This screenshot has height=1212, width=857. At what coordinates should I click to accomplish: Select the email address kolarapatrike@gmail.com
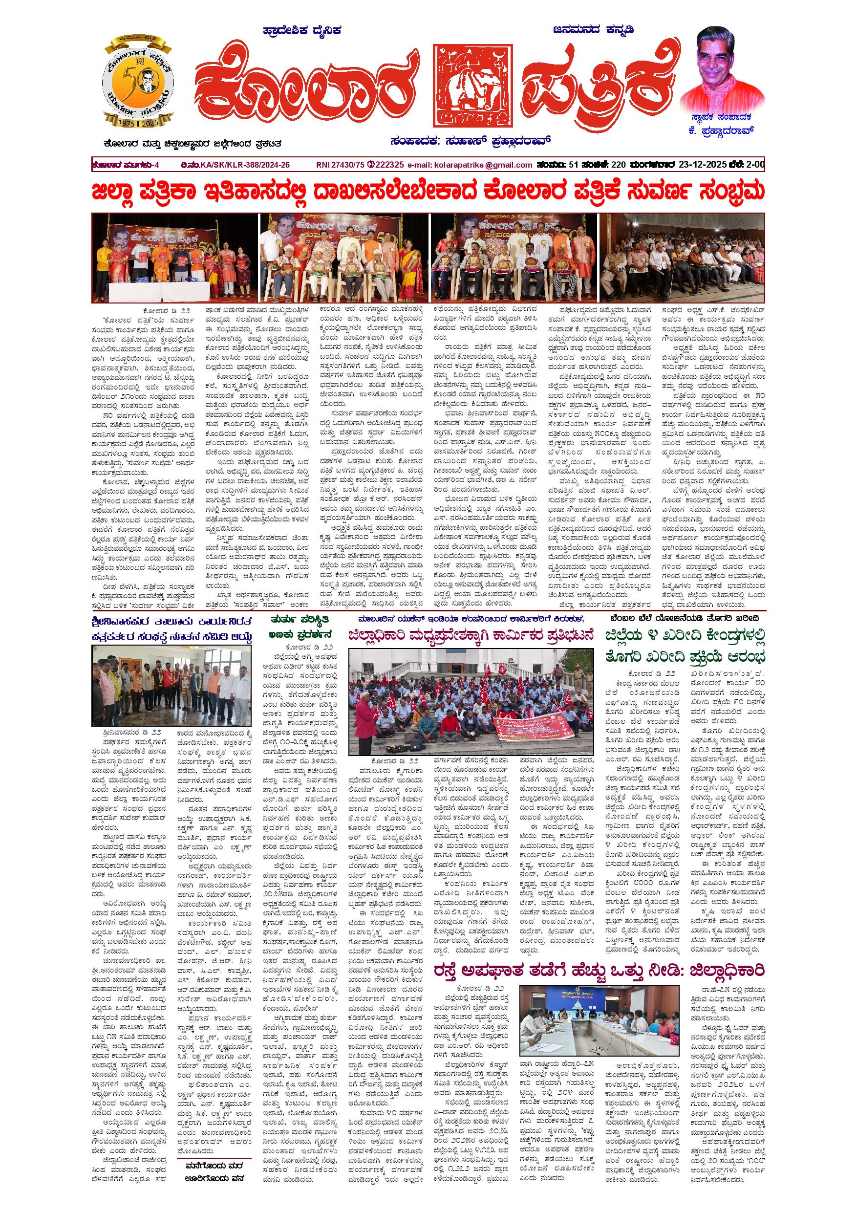481,165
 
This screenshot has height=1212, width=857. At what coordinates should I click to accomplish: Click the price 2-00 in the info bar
753,165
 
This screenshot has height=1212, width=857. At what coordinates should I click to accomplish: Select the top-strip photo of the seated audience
682,257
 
